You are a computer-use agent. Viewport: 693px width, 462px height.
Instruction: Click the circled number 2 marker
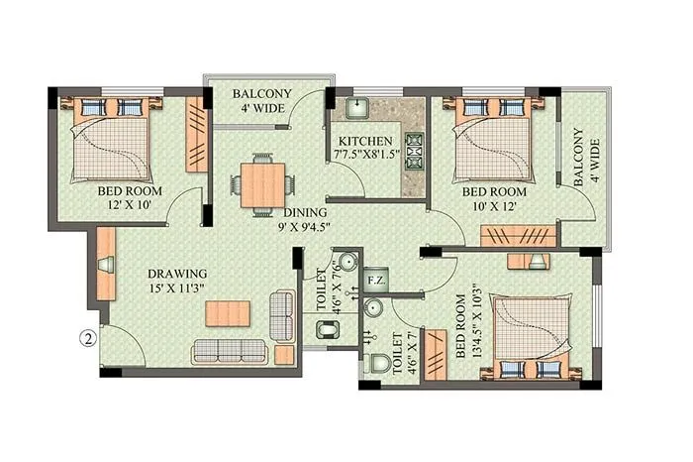(87, 338)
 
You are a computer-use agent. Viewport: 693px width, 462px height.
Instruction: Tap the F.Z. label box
(375, 280)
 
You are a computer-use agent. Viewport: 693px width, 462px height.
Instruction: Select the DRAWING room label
(177, 274)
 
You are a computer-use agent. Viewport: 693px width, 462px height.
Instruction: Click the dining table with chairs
(262, 183)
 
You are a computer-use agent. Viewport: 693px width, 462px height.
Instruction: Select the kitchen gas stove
(413, 148)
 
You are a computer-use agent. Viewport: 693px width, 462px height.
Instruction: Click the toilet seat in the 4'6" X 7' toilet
(377, 362)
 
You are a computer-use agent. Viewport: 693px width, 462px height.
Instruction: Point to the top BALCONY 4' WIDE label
(261, 103)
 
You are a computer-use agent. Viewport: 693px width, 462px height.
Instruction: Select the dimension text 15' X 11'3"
(178, 290)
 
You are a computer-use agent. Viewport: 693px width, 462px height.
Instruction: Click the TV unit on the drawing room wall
(106, 265)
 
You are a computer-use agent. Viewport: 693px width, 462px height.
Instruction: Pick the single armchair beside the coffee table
(283, 314)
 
